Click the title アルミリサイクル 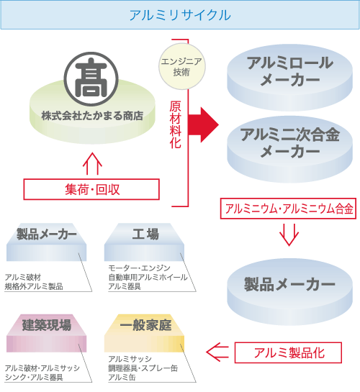[x=180, y=15]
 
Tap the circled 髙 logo [x=91, y=79]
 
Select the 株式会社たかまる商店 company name [x=92, y=116]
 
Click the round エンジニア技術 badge [x=182, y=66]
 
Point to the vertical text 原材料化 [x=175, y=124]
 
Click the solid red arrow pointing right [x=203, y=125]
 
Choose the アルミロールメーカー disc [x=289, y=78]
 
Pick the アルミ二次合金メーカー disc [x=289, y=150]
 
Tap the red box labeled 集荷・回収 [x=91, y=189]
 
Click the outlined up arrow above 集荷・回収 [x=92, y=164]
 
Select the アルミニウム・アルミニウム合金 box [x=288, y=209]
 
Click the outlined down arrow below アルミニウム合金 [x=289, y=234]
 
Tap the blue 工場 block [x=144, y=242]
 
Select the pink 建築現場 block [x=47, y=333]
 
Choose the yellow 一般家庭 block [x=144, y=333]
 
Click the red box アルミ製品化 [x=288, y=352]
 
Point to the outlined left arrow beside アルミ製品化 [x=217, y=352]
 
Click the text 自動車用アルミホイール [x=148, y=277]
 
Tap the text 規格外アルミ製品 [x=34, y=286]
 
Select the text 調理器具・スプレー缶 [x=143, y=368]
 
